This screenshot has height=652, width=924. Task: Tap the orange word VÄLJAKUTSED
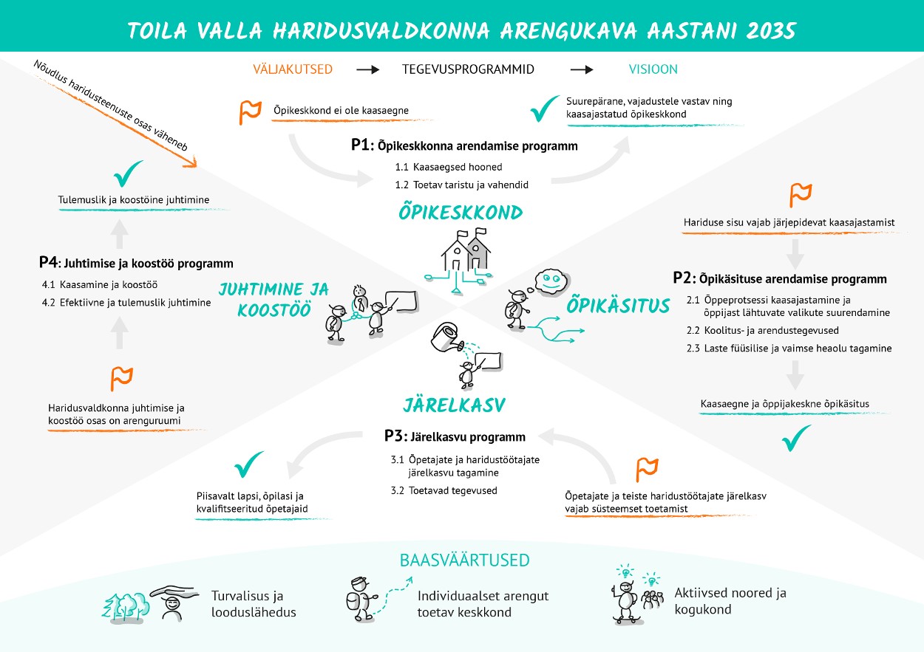pos(293,69)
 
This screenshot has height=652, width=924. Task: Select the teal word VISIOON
pos(653,69)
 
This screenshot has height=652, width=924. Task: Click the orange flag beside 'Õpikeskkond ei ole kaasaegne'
pos(250,111)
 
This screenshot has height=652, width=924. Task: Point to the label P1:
pos(362,145)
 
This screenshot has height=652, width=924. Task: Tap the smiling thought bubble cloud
pos(550,281)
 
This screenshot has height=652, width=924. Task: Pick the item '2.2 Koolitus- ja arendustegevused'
pos(762,330)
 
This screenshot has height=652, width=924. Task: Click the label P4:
pos(50,262)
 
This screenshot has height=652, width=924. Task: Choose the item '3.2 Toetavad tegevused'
pos(444,490)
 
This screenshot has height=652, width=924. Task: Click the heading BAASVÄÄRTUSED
pos(464,560)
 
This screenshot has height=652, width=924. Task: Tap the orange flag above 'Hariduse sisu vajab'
pos(801,194)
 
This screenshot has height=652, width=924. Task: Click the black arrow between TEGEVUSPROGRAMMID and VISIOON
pos(581,69)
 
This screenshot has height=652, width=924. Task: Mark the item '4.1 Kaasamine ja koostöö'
pos(100,284)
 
